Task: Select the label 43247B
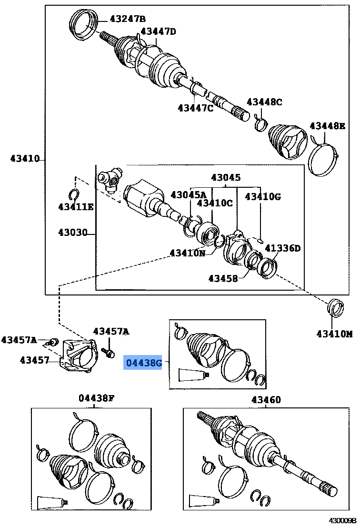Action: coord(128,19)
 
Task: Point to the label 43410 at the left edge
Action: coord(25,159)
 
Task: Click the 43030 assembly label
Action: coord(73,233)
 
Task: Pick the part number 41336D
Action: coord(283,248)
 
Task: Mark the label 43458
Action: coord(223,278)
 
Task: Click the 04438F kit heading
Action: coord(97,398)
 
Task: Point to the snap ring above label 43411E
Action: coord(74,194)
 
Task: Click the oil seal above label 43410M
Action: coord(336,307)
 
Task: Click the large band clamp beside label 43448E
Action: coord(323,157)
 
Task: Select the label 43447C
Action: coord(195,108)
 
